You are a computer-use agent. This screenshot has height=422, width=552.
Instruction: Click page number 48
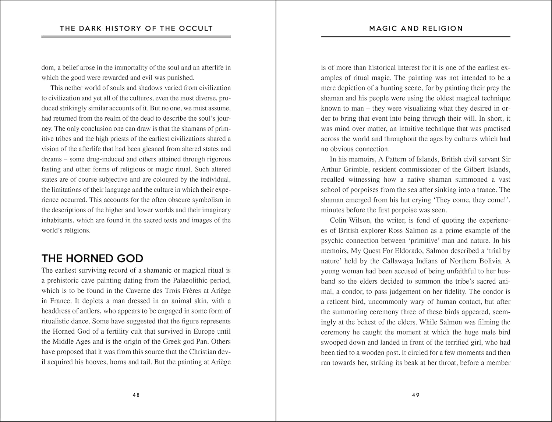[136, 395]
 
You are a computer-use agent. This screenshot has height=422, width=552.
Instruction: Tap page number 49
[416, 395]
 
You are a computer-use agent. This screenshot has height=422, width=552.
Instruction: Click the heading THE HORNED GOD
[92, 258]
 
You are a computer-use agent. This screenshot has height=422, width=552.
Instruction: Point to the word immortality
[131, 68]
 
